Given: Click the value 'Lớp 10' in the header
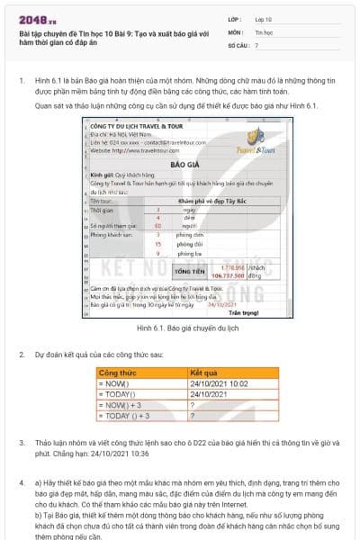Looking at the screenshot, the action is pyautogui.click(x=263, y=18).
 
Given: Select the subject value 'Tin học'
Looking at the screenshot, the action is pyautogui.click(x=264, y=31).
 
